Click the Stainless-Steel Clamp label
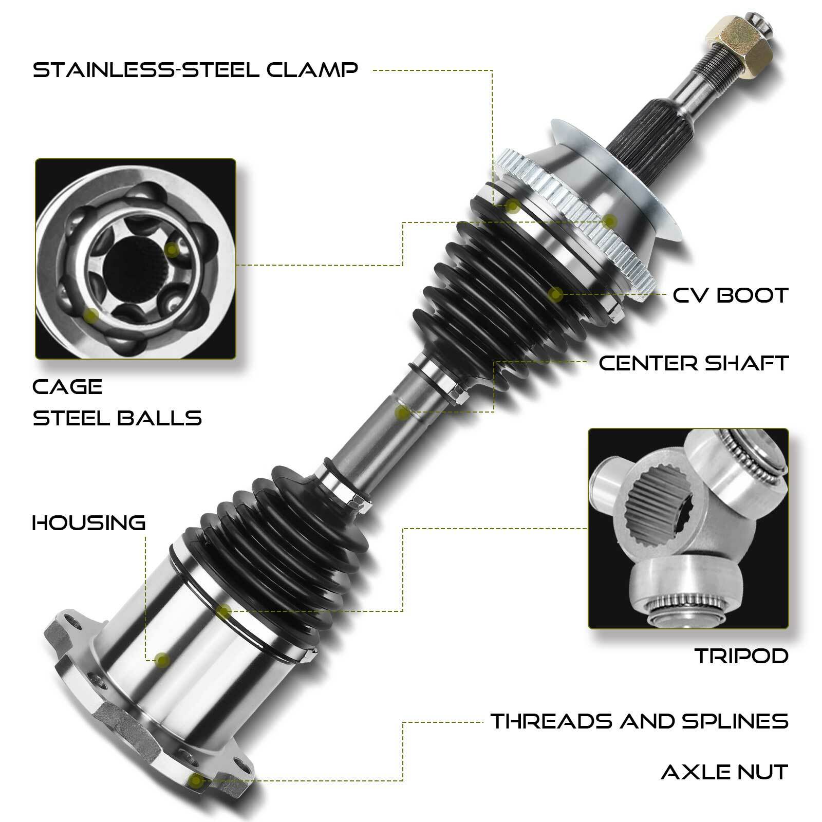pyautogui.click(x=195, y=69)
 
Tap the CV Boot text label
pyautogui.click(x=730, y=295)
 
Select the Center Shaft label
pyautogui.click(x=693, y=363)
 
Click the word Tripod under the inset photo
pyautogui.click(x=741, y=656)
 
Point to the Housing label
pyautogui.click(x=89, y=523)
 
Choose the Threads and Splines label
pyautogui.click(x=639, y=721)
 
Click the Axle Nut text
pyautogui.click(x=724, y=772)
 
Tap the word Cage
pyautogui.click(x=67, y=387)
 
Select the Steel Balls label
pyautogui.click(x=117, y=418)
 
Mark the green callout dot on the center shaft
pyautogui.click(x=403, y=412)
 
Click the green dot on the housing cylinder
pyautogui.click(x=162, y=660)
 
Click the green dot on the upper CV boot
pyautogui.click(x=554, y=294)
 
